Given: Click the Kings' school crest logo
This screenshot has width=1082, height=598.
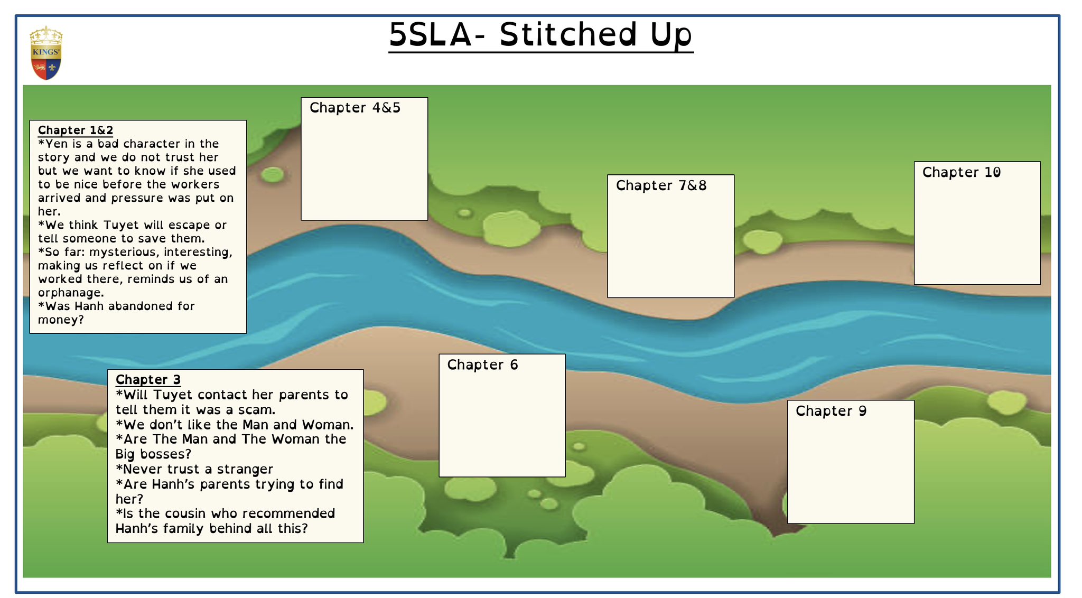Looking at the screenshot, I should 46,53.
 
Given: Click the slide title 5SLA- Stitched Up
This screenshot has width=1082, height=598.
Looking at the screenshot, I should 540,35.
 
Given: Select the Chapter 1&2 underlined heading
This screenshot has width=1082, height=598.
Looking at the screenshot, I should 76,130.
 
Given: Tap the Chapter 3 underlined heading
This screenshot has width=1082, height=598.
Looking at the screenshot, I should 148,379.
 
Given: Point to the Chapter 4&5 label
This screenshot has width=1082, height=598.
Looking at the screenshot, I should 355,108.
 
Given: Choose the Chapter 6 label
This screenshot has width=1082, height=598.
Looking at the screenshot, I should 482,365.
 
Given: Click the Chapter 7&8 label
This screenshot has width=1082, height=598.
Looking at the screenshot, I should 661,185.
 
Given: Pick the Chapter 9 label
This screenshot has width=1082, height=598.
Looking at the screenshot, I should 831,411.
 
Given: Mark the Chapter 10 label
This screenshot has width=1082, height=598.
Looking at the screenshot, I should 962,172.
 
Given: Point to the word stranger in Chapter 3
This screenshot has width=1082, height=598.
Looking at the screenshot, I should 245,469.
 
